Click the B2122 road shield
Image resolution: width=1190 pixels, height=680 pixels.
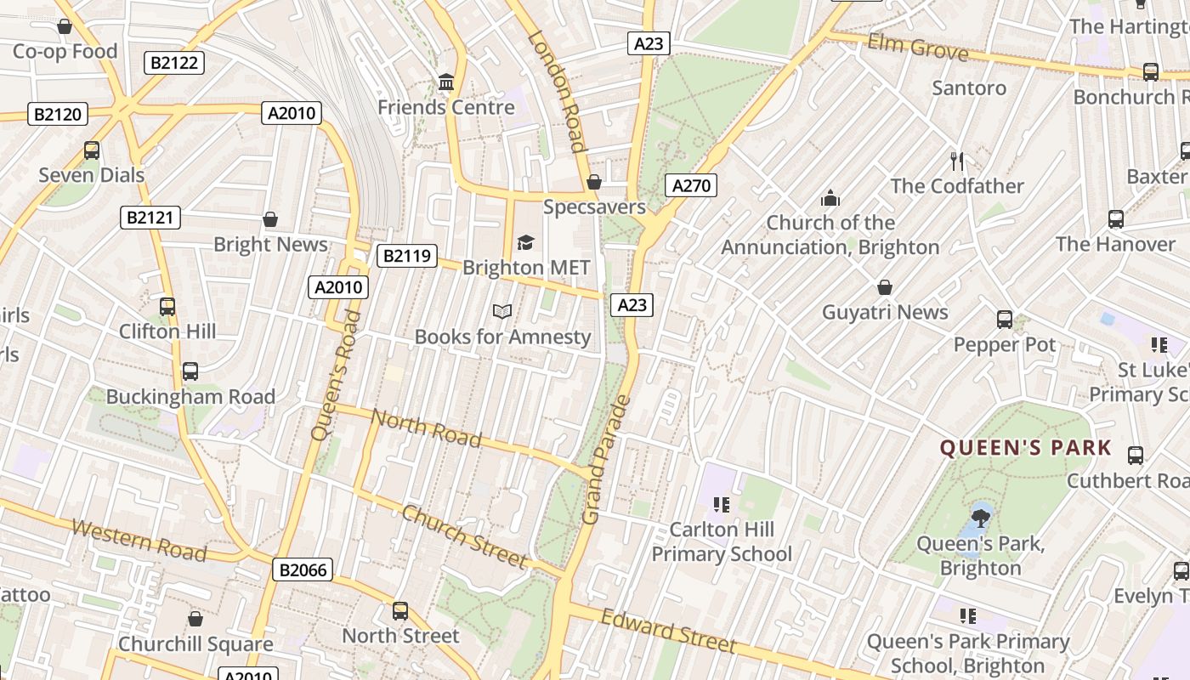174,62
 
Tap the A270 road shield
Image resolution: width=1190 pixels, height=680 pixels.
690,185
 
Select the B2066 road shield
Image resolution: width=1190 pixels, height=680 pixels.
303,569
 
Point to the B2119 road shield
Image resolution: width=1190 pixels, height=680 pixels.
407,256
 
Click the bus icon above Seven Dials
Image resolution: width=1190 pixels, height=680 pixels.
92,150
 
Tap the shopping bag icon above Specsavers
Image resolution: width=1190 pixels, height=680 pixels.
594,182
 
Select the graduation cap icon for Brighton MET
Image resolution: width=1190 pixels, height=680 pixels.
525,243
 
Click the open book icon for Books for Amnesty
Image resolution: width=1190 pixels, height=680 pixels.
502,312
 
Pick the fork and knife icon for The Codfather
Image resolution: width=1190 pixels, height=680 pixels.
957,161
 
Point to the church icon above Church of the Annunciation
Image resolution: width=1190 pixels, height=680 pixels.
830,198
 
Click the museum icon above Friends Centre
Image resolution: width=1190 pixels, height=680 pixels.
446,82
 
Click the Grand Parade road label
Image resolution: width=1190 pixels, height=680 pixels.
605,459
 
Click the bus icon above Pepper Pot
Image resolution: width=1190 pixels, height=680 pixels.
1005,320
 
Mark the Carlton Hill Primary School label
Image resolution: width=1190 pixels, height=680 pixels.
722,541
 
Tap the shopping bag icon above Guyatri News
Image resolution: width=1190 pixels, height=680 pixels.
885,287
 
